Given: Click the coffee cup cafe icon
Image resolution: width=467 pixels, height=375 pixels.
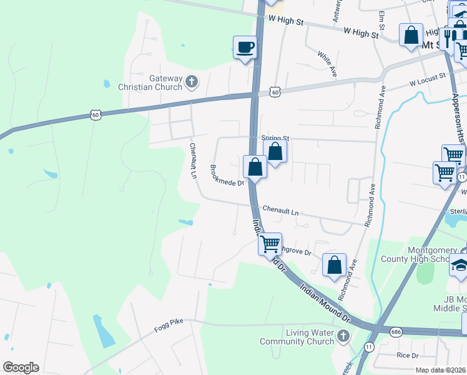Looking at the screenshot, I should click(x=245, y=47).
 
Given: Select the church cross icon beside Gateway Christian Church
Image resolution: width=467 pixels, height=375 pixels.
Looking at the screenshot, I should click(x=192, y=81).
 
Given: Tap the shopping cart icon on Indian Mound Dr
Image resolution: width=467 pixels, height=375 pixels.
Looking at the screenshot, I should click(x=270, y=243).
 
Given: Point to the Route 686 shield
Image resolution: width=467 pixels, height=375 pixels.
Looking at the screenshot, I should click(x=396, y=331).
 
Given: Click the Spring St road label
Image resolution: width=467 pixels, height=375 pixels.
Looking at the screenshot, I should click(x=275, y=137).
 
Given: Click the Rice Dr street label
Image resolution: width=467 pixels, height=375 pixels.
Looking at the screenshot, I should click(x=407, y=355).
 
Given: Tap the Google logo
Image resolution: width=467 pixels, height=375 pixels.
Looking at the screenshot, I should click(x=21, y=367).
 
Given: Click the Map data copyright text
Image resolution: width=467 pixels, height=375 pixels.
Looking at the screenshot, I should click(x=441, y=370).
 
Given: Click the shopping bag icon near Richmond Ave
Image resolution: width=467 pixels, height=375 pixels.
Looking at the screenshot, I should click(x=335, y=264).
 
